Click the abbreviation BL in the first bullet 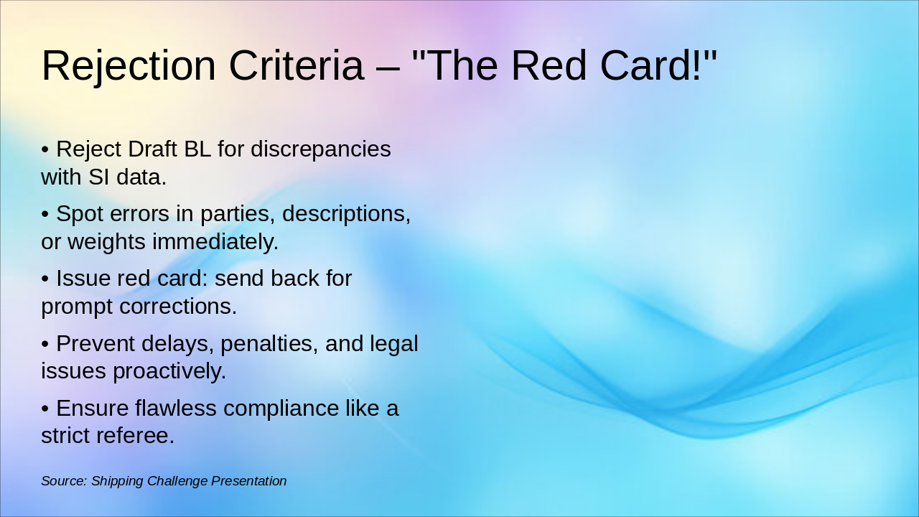pyautogui.click(x=197, y=149)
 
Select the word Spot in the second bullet pyautogui.click(x=80, y=214)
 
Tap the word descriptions pyautogui.click(x=346, y=214)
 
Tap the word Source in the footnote pyautogui.click(x=64, y=481)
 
